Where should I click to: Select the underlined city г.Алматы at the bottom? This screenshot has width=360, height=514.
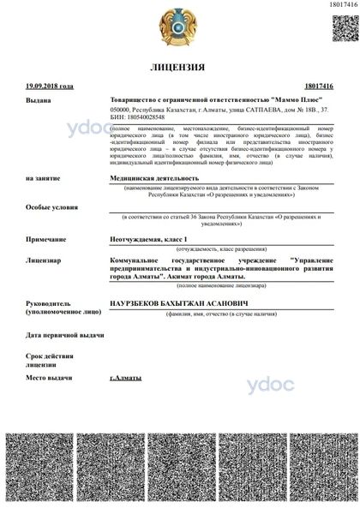(x=126, y=377)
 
